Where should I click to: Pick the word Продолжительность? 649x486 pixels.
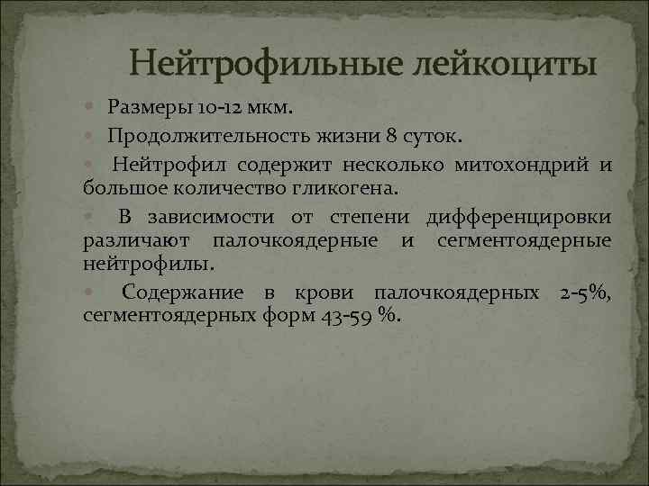209,137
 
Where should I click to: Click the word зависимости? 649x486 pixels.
209,217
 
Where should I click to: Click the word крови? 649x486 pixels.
326,292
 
